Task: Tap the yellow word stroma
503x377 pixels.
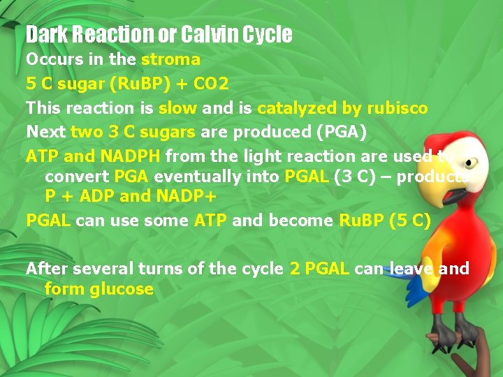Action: click(170, 59)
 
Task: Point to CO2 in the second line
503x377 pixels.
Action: click(210, 84)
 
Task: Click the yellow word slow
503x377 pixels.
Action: click(177, 108)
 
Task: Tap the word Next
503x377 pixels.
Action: click(45, 132)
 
